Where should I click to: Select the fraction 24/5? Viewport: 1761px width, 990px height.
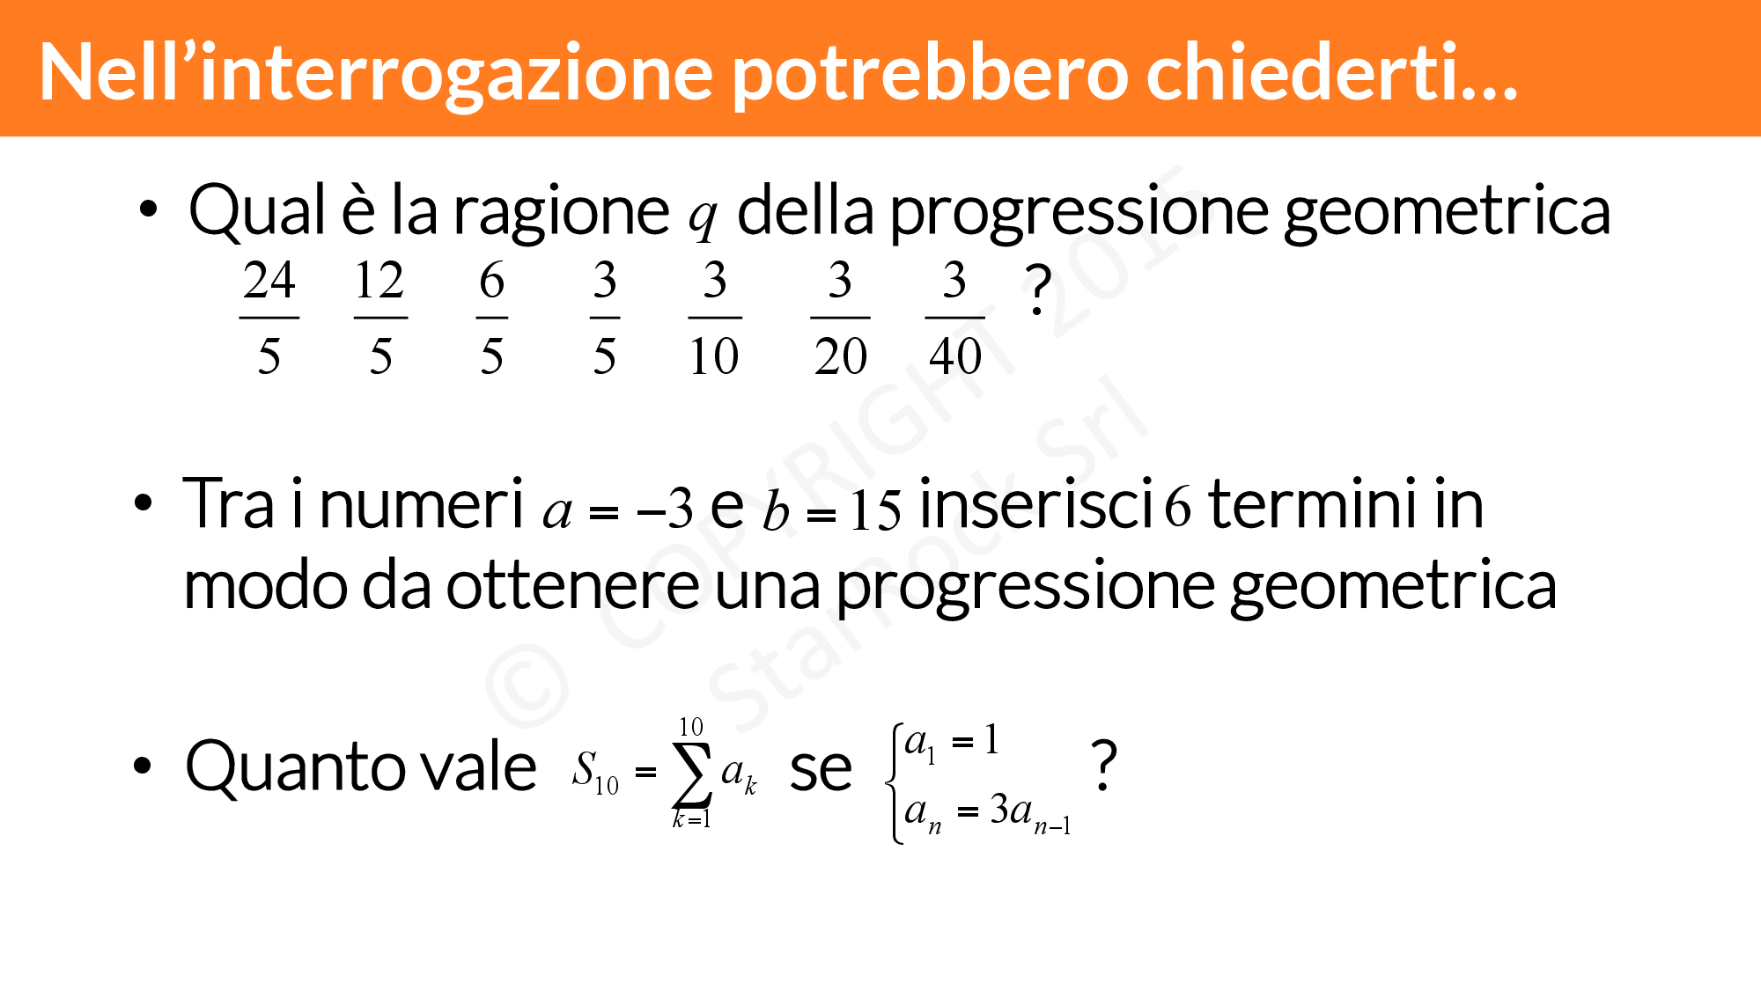pos(269,317)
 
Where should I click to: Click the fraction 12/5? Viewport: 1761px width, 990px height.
pos(380,317)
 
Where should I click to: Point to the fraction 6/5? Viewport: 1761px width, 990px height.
pos(492,317)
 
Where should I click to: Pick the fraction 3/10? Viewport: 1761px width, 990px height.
pos(714,317)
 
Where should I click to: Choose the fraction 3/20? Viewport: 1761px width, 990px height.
pos(840,317)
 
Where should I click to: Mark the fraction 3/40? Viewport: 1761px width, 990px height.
pos(955,317)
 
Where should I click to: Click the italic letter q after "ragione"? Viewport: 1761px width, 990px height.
pos(703,218)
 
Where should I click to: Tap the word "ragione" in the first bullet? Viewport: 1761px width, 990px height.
pos(561,215)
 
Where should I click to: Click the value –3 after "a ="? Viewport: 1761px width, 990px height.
pos(666,509)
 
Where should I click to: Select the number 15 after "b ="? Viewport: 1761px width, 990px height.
pos(876,510)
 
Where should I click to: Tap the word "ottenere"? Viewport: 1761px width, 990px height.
pos(573,586)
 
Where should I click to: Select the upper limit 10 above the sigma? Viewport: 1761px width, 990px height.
pos(691,727)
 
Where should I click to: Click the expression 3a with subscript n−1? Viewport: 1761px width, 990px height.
pos(1030,812)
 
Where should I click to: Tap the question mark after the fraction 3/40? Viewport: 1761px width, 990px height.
pos(1038,290)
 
